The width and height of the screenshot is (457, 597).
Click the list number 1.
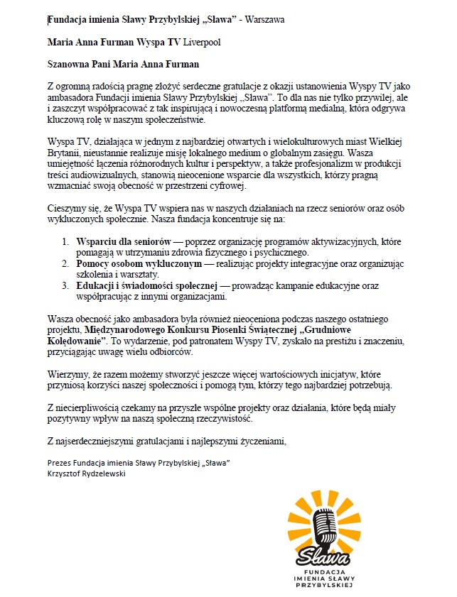pos(66,242)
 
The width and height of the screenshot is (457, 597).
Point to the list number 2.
pos(66,264)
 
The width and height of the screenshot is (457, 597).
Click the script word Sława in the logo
pos(323,552)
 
